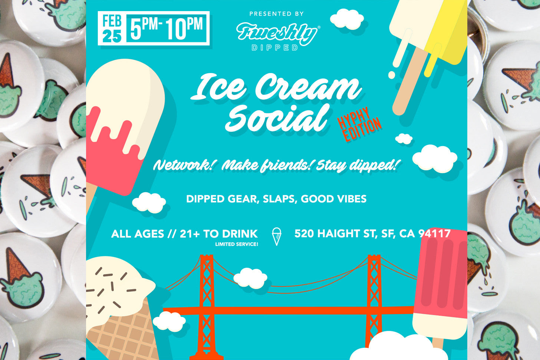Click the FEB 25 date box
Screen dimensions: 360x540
pos(112,28)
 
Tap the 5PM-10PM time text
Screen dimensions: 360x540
pos(167,28)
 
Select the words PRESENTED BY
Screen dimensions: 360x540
pos(276,14)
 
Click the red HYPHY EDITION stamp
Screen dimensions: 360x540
pos(359,125)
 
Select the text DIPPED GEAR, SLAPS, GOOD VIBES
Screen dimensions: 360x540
pos(276,199)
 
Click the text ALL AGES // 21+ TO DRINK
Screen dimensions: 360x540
pos(184,234)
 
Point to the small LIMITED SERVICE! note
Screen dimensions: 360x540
pos(236,244)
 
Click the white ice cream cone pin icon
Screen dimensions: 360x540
pos(276,236)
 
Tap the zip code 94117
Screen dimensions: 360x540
pos(434,234)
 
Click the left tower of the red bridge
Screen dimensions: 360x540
pos(207,297)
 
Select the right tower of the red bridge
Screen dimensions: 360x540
pos(374,293)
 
